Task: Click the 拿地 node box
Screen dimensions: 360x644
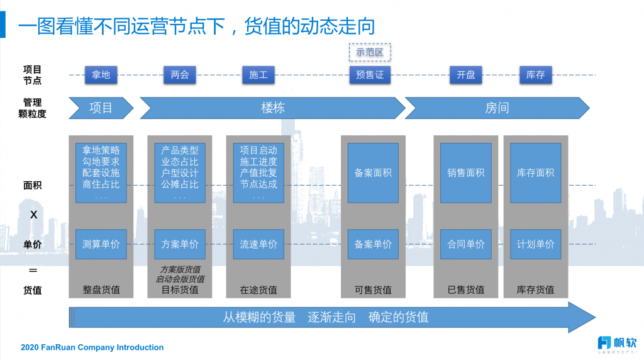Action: pyautogui.click(x=101, y=75)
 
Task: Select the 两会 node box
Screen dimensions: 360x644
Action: pyautogui.click(x=180, y=75)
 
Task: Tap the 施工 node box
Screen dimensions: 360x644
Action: pyautogui.click(x=258, y=75)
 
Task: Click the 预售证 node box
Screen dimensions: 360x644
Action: pyautogui.click(x=370, y=75)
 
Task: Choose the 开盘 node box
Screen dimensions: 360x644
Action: pyautogui.click(x=466, y=75)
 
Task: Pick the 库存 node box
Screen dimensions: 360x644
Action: pyautogui.click(x=536, y=75)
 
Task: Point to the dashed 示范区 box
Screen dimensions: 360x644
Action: pyautogui.click(x=370, y=52)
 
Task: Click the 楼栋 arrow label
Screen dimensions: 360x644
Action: pyautogui.click(x=273, y=108)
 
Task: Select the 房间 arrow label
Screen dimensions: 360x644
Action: pyautogui.click(x=497, y=108)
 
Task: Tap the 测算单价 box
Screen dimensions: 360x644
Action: pyautogui.click(x=101, y=244)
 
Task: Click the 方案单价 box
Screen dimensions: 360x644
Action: pyautogui.click(x=180, y=244)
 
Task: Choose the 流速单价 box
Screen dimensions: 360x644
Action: pyautogui.click(x=258, y=244)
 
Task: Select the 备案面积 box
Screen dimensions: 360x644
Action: pyautogui.click(x=373, y=172)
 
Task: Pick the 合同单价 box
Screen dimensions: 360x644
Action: pyautogui.click(x=466, y=244)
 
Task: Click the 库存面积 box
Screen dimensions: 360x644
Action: pyautogui.click(x=536, y=172)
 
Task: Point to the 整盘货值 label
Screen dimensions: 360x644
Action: pyautogui.click(x=101, y=290)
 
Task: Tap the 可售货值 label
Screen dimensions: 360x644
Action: pyautogui.click(x=373, y=290)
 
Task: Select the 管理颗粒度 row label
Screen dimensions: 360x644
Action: pyautogui.click(x=32, y=108)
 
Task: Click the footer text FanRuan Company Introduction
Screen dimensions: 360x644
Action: pyautogui.click(x=92, y=347)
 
